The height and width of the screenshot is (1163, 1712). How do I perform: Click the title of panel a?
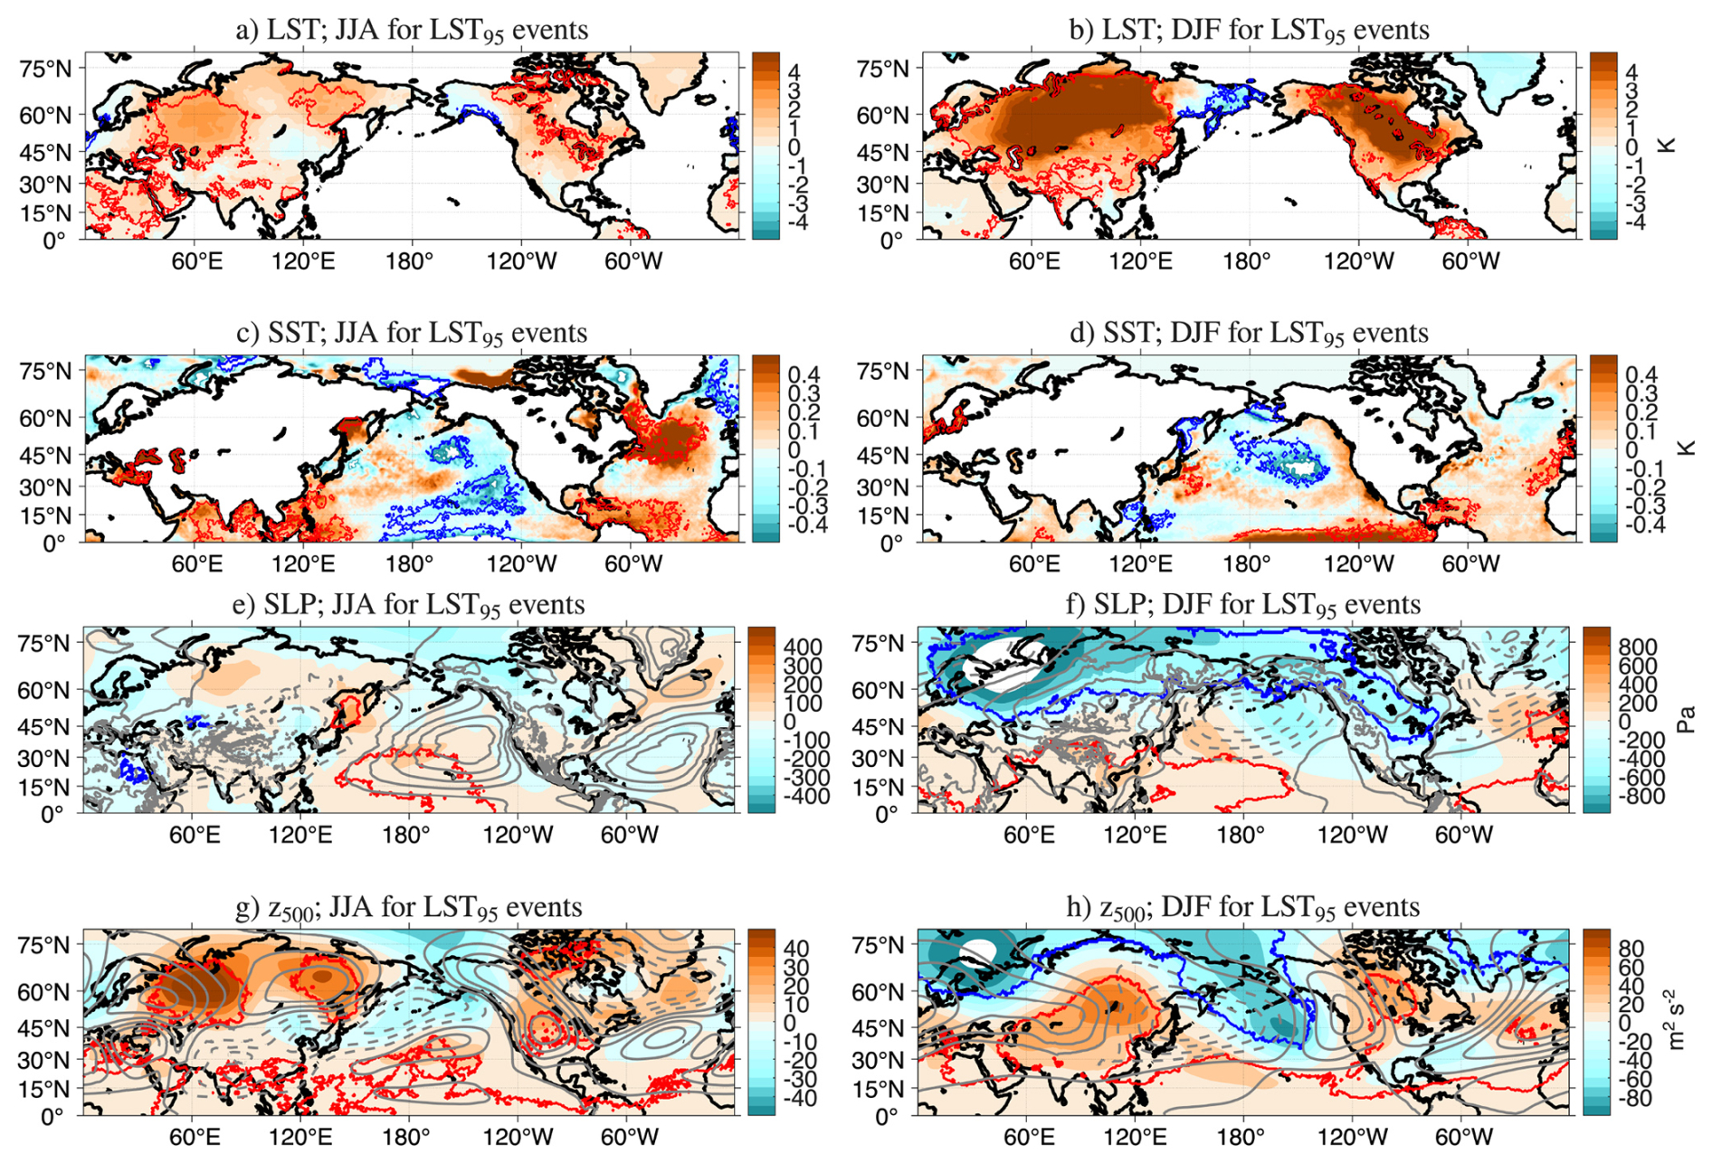click(412, 30)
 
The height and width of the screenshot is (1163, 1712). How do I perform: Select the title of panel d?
click(1249, 333)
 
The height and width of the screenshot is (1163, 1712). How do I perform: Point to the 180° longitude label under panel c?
click(410, 564)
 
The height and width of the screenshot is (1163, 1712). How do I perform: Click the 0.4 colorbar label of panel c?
click(804, 374)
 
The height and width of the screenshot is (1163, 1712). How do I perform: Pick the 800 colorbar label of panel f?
click(1638, 647)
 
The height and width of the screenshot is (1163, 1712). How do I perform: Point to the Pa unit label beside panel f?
click(1686, 720)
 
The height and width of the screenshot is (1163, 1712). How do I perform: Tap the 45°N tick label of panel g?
click(44, 1029)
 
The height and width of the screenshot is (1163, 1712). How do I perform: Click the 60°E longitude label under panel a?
click(196, 261)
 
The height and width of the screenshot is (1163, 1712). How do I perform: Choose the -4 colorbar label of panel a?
click(797, 222)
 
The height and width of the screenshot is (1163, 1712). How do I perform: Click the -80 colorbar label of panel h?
click(1634, 1099)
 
